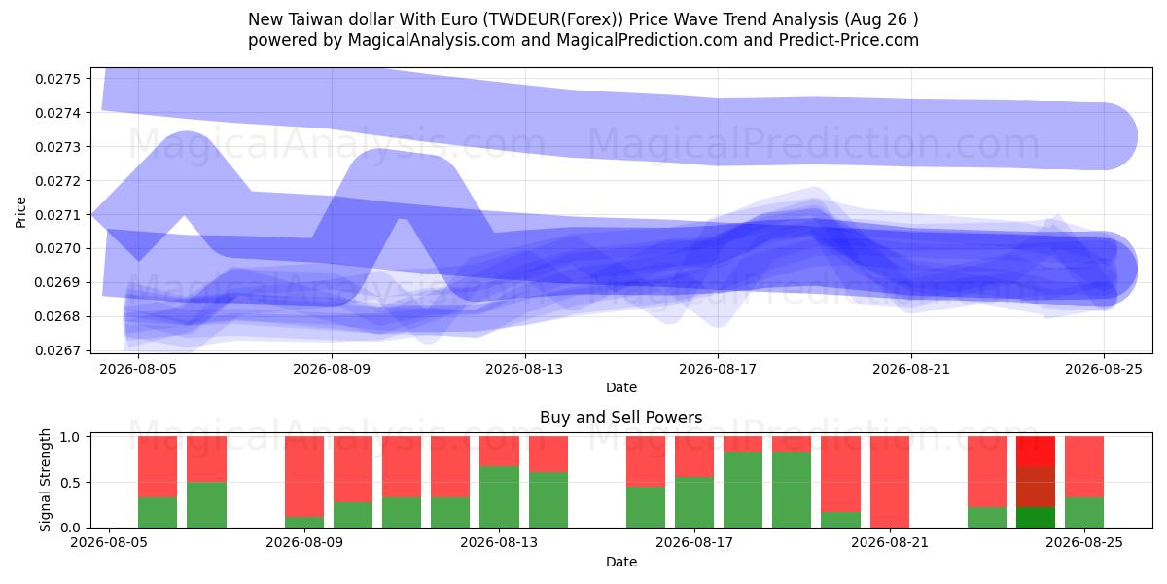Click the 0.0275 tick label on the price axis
57,79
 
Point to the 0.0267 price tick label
57,350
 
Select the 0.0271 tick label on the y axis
57,215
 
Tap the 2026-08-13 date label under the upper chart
524,369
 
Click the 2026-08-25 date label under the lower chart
1084,542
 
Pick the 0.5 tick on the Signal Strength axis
70,483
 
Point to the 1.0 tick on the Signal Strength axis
70,437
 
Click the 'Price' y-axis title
20,212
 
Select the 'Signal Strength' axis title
46,480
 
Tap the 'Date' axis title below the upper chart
621,387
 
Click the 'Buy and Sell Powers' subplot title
621,418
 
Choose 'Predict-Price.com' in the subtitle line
849,40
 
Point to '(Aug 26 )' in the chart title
881,19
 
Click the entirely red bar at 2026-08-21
889,482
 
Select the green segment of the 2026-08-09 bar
304,522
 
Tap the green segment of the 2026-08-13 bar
499,497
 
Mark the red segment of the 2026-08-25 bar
1084,467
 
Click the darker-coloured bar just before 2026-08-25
1036,482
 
